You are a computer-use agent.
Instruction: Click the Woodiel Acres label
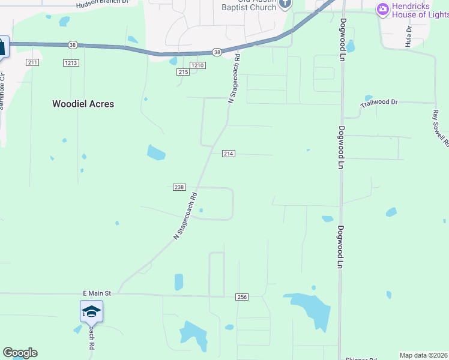coord(83,104)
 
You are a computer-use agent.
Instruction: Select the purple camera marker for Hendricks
coord(382,9)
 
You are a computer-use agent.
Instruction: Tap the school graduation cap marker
coord(91,311)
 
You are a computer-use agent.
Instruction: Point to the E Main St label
coord(97,293)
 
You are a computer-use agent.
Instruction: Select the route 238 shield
coord(179,187)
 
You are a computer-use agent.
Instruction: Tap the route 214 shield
coord(228,154)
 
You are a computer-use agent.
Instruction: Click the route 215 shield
coord(183,72)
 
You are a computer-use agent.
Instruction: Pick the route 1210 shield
coord(198,65)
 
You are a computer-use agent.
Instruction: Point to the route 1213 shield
coord(71,62)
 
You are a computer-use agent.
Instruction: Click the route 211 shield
coord(32,62)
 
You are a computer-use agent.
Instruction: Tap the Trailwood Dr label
coord(379,103)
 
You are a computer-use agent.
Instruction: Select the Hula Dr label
coord(409,36)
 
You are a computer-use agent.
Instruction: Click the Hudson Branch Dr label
coord(103,4)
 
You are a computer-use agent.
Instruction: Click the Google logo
coord(20,353)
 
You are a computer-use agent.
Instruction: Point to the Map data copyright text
coord(424,355)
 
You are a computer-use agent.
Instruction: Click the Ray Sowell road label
coord(441,128)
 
